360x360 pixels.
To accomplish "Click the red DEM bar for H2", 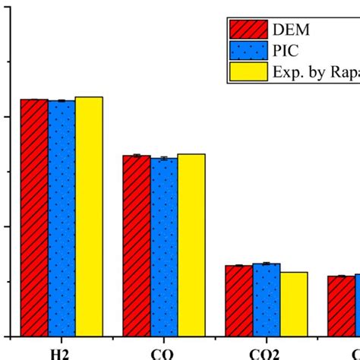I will pos(34,217).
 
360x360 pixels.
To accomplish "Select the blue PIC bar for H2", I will pos(62,218).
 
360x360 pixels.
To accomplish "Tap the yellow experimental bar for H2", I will pos(88,216).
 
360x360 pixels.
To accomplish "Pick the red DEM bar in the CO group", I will pos(137,245).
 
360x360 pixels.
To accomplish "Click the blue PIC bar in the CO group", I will pos(164,247).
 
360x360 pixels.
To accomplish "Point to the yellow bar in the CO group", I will pos(191,245).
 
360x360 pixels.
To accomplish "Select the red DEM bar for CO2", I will pos(239,301).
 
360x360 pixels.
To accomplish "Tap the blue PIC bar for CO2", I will pos(267,299).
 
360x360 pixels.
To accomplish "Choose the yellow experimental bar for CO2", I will pos(294,304).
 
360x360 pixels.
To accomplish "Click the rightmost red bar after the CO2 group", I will pos(342,305).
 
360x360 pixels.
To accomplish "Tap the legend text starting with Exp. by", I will pos(315,72).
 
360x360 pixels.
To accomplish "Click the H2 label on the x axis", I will pos(61,354).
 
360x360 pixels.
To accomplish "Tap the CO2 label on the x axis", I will pos(265,354).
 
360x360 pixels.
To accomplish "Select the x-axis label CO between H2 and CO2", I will pos(163,354).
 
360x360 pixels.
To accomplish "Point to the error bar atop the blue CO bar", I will pos(164,158).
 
